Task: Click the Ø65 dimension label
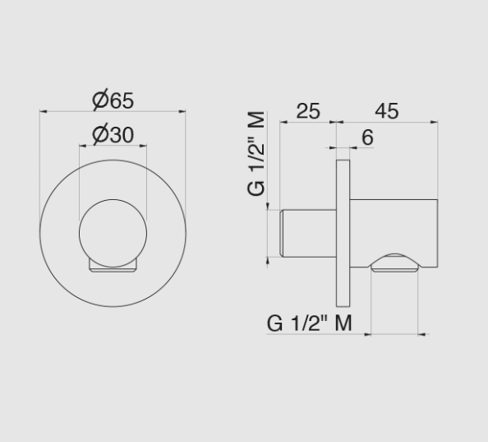113,100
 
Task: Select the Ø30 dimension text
113,134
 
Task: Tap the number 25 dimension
307,110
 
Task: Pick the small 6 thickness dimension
367,137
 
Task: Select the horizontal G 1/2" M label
310,323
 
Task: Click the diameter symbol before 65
99,100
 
